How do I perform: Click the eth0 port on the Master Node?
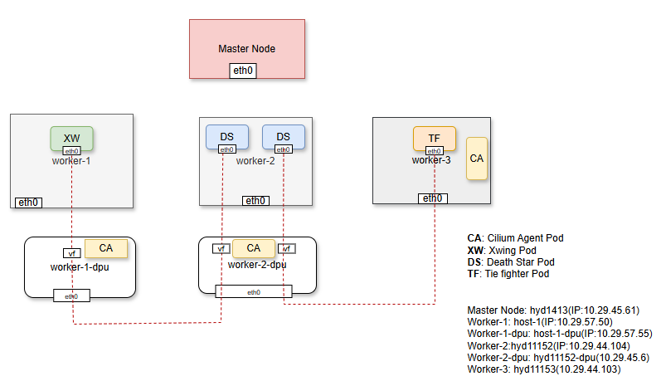[x=243, y=71]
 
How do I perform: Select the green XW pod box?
[x=71, y=137]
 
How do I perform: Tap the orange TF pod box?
[x=434, y=138]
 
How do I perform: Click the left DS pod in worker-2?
[x=226, y=136]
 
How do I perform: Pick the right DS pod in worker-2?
[x=283, y=136]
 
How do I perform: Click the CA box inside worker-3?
[x=476, y=159]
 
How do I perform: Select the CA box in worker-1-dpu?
[x=106, y=247]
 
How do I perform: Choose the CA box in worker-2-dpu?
[x=253, y=247]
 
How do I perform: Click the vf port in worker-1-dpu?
[x=71, y=253]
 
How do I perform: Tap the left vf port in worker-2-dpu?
[x=221, y=248]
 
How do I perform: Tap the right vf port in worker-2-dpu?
[x=286, y=248]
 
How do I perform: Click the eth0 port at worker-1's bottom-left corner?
[x=29, y=202]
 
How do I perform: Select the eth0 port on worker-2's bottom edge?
[x=255, y=200]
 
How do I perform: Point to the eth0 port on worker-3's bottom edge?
[x=432, y=198]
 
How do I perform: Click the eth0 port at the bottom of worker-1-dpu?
[x=71, y=296]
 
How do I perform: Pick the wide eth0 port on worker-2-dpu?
[x=253, y=291]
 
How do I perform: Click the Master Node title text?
[x=246, y=49]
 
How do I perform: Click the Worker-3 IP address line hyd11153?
[x=543, y=369]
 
